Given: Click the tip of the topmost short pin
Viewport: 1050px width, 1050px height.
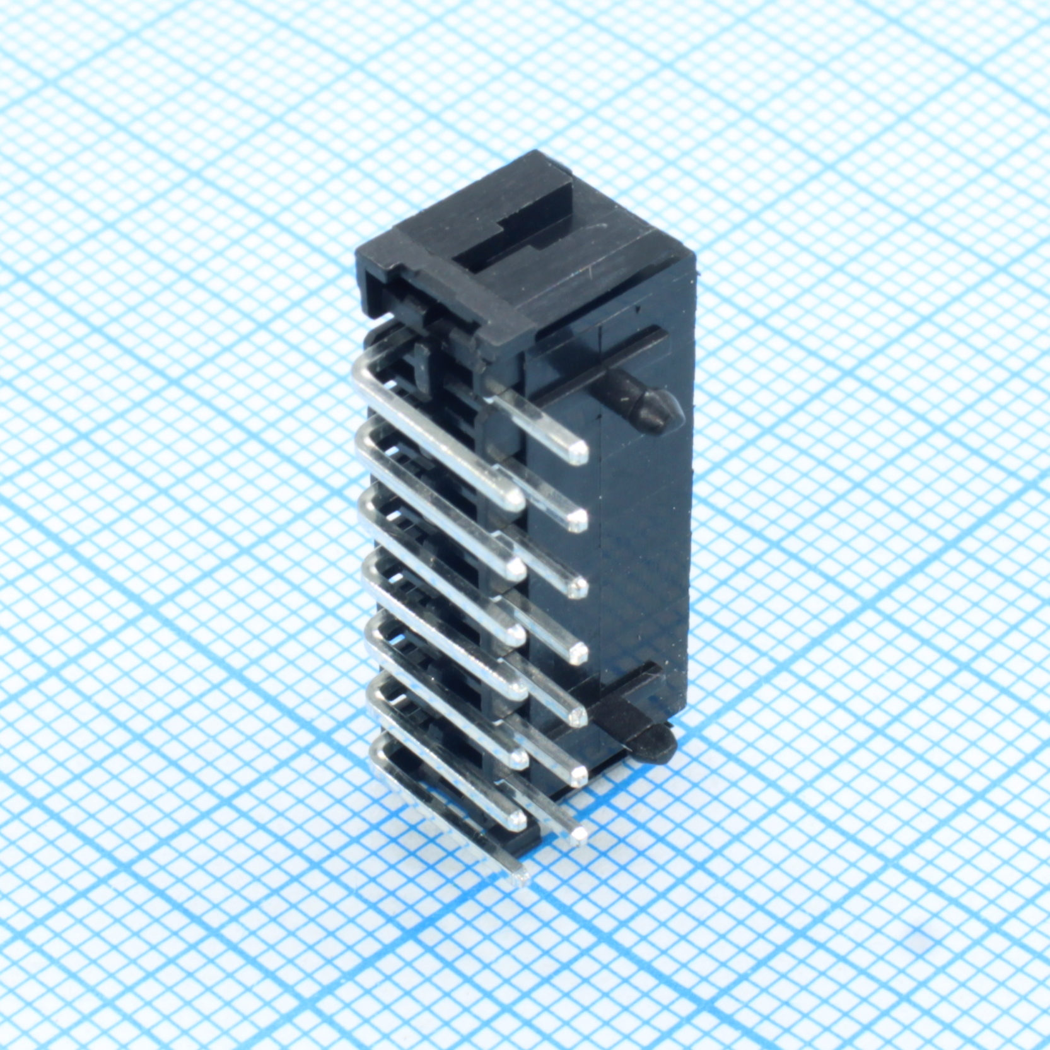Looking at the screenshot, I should click(x=576, y=452).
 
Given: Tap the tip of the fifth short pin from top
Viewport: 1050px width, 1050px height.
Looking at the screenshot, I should click(x=577, y=716).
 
